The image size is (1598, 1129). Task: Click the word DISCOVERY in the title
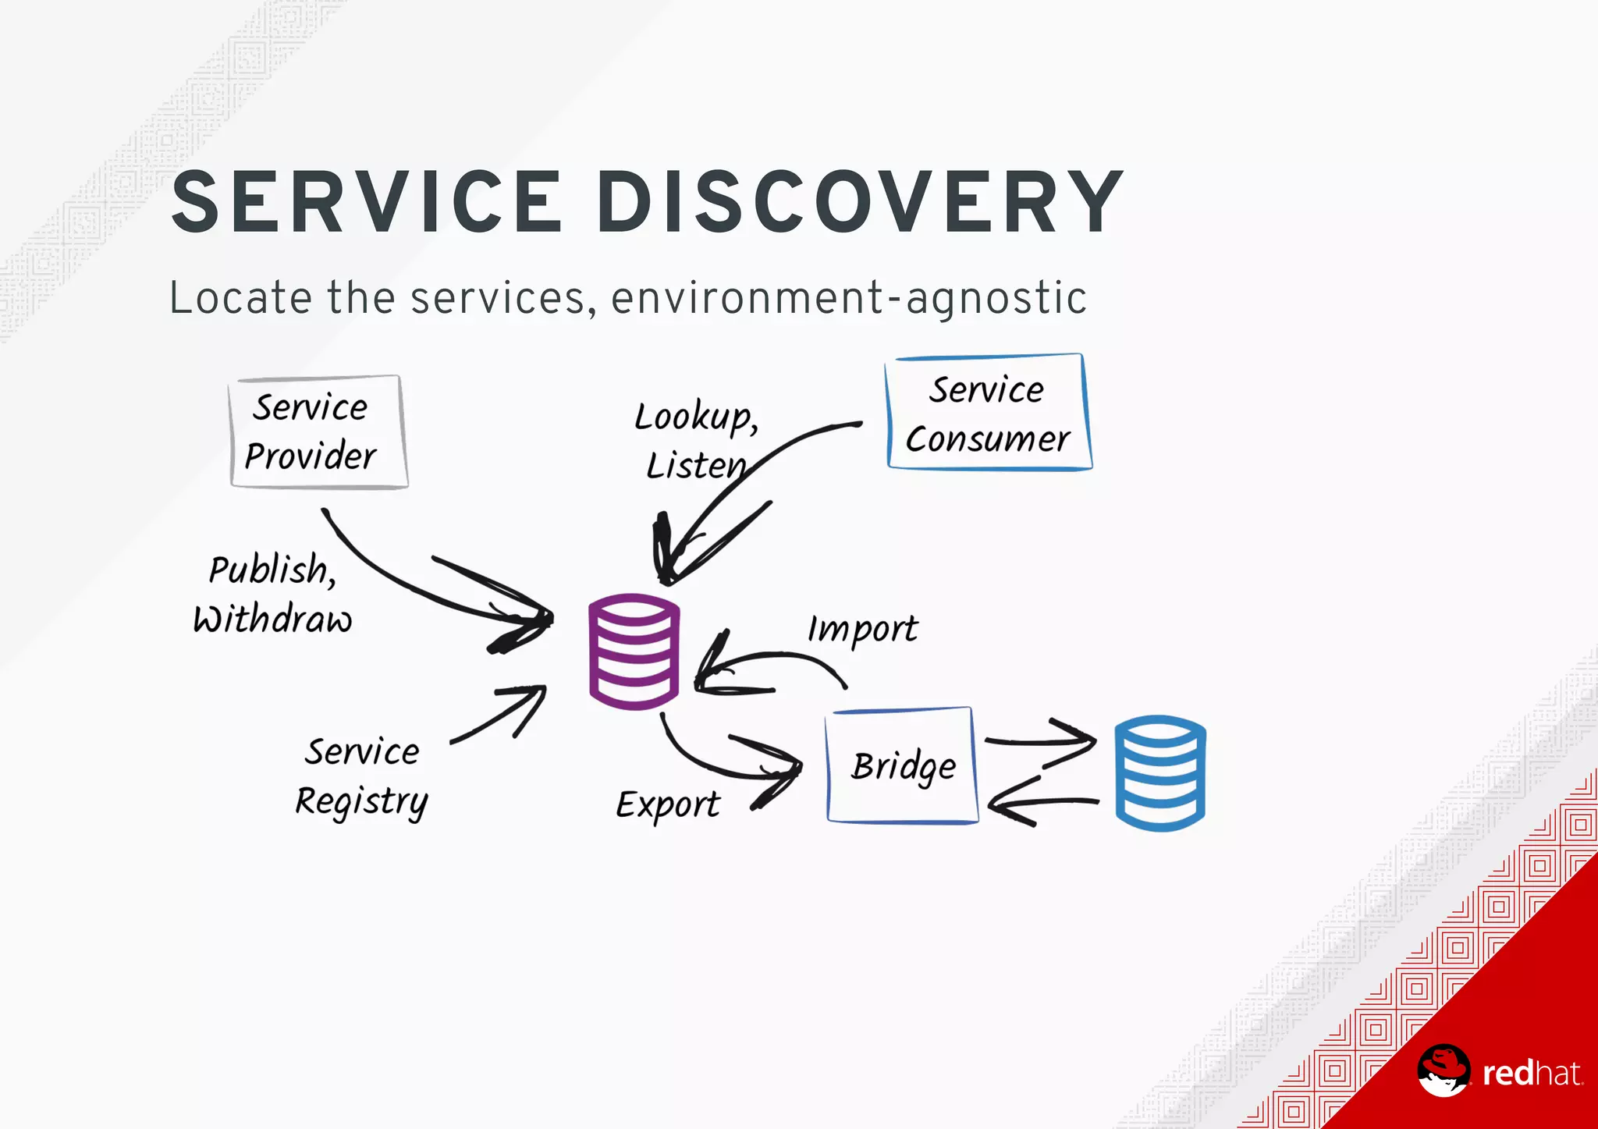point(862,203)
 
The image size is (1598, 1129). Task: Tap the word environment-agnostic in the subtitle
point(848,299)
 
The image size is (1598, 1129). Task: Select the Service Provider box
point(318,432)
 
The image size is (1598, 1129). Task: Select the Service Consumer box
point(988,414)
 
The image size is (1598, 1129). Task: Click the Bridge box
point(902,765)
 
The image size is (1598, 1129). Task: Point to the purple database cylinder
point(634,651)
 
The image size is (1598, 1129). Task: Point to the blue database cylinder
point(1159,772)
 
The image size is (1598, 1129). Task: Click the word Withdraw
point(272,620)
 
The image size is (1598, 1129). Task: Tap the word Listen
point(694,466)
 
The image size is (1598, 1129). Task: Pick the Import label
point(861,629)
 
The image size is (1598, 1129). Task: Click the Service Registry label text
point(361,776)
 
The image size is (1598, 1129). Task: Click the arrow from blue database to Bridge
point(1042,804)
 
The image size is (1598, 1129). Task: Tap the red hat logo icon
point(1444,1070)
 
